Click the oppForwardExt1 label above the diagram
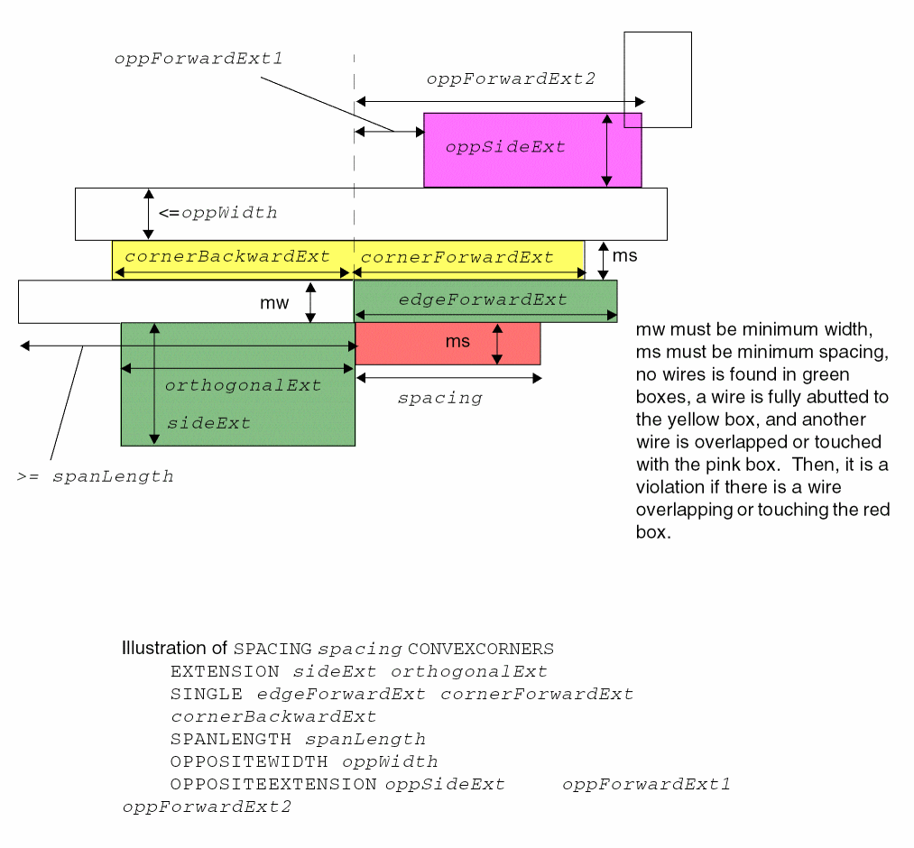tap(198, 59)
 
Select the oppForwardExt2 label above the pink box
tap(511, 78)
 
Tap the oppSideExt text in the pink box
tap(505, 147)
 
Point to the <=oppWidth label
tap(217, 214)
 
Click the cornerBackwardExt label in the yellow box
tap(227, 256)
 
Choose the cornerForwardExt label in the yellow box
tap(457, 257)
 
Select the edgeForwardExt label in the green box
tap(483, 300)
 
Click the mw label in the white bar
tap(274, 303)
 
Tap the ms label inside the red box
tap(457, 342)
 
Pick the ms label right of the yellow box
tap(624, 255)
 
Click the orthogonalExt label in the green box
tap(243, 385)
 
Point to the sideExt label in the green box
tap(208, 423)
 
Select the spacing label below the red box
tap(439, 398)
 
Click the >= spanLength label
tap(95, 476)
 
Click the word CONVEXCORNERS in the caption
tap(481, 650)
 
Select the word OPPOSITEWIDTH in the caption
tap(249, 762)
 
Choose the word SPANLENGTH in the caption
tap(230, 740)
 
